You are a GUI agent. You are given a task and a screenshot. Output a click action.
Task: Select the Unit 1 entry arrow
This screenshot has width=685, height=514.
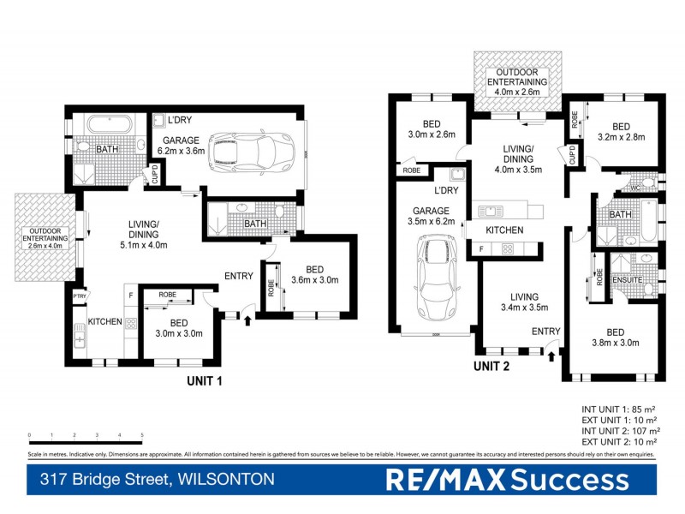pyautogui.click(x=248, y=320)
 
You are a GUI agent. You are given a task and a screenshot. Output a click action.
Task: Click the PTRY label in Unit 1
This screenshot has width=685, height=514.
pyautogui.click(x=80, y=297)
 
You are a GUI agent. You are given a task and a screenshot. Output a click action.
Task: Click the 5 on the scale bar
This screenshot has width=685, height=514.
pyautogui.click(x=142, y=435)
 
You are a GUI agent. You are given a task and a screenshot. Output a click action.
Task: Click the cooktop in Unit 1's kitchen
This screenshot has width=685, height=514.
pyautogui.click(x=131, y=323)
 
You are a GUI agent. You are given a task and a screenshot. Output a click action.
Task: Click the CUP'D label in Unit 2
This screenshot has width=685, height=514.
pyautogui.click(x=572, y=155)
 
